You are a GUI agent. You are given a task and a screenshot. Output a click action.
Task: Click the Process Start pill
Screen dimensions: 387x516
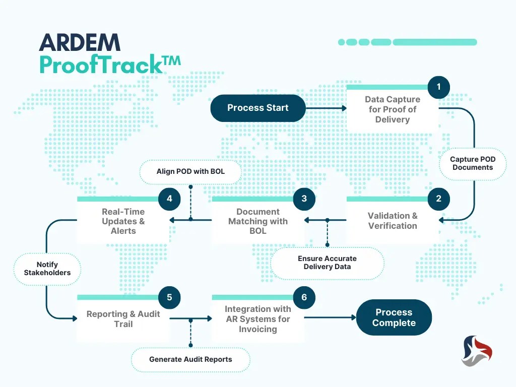[x=258, y=108]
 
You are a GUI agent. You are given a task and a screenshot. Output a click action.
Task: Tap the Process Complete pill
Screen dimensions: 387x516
[x=394, y=317]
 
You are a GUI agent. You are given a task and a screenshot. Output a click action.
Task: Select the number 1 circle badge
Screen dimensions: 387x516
[x=438, y=87]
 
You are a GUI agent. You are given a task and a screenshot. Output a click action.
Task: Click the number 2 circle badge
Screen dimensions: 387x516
[x=438, y=199]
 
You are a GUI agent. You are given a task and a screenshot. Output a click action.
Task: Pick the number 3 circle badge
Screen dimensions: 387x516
[x=304, y=199]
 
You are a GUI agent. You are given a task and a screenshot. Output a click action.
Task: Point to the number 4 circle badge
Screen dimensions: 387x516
[x=169, y=199]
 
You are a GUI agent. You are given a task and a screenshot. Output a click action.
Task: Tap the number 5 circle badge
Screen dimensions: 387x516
[x=169, y=297]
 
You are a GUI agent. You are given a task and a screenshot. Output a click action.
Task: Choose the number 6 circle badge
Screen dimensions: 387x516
[x=304, y=297]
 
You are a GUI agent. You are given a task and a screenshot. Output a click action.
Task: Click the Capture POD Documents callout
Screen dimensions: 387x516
[x=473, y=163]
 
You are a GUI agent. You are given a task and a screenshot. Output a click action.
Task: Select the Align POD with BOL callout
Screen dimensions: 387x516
[x=190, y=171]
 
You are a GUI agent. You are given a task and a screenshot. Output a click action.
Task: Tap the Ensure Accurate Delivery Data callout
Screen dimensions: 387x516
[x=327, y=263]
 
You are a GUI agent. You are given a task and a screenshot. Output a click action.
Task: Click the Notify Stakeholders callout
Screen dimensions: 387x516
[x=47, y=269]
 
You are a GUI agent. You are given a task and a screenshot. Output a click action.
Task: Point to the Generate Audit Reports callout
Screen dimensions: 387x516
[x=190, y=359]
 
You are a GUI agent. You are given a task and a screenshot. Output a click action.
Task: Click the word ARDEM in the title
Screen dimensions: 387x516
[x=80, y=43]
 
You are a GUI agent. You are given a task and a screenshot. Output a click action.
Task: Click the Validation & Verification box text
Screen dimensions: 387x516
[x=393, y=221]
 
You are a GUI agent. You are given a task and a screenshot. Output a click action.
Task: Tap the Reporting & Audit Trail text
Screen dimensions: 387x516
[x=123, y=319]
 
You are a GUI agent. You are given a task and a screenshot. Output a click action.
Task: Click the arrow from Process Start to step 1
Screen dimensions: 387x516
[x=327, y=108]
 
